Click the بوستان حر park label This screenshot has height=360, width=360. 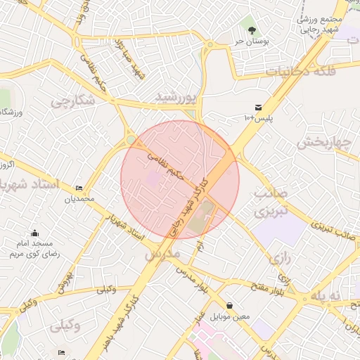pyautogui.click(x=251, y=41)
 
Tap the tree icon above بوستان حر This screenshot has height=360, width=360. pyautogui.click(x=251, y=30)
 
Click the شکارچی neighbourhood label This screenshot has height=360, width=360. pyautogui.click(x=72, y=101)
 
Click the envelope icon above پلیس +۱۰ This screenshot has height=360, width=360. pyautogui.click(x=259, y=107)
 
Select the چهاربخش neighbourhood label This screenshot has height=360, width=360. pyautogui.click(x=323, y=142)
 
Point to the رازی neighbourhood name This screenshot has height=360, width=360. pyautogui.click(x=279, y=258)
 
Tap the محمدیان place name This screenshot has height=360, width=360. pyautogui.click(x=79, y=199)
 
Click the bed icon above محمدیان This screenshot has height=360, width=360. pyautogui.click(x=79, y=188)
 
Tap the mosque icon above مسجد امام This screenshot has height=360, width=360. pyautogui.click(x=35, y=233)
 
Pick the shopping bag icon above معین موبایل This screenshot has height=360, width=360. pyautogui.click(x=231, y=305)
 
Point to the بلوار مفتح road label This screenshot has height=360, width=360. pyautogui.click(x=268, y=284)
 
